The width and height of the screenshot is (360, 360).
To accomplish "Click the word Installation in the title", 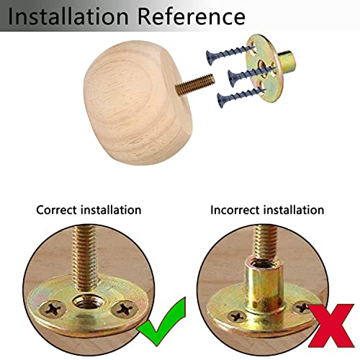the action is pyautogui.click(x=68, y=17).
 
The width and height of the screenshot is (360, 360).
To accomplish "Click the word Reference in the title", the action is pyautogui.click(x=192, y=17).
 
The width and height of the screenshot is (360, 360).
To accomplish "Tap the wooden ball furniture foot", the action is pyautogui.click(x=138, y=103).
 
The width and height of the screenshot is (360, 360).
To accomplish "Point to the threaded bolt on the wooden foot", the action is pyautogui.click(x=195, y=84).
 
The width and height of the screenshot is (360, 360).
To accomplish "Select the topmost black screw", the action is pyautogui.click(x=230, y=55).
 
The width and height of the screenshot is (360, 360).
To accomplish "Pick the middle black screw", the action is pyautogui.click(x=251, y=76).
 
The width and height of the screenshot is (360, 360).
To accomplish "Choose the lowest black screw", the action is pyautogui.click(x=241, y=98).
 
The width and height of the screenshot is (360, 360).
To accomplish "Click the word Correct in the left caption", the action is pyautogui.click(x=56, y=210).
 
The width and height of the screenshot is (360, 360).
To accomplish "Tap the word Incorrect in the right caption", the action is pyautogui.click(x=235, y=210).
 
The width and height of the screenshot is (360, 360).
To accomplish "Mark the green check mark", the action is pyautogui.click(x=161, y=322).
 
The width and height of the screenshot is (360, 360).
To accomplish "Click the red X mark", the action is pyautogui.click(x=331, y=325).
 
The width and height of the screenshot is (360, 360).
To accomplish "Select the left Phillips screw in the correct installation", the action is pyautogui.click(x=53, y=309).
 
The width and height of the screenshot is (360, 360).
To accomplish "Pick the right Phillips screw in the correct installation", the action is pyautogui.click(x=125, y=310).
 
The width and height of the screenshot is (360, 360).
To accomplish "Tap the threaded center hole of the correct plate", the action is pyautogui.click(x=89, y=302).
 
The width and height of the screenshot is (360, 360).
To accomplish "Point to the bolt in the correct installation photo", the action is pyautogui.click(x=85, y=261).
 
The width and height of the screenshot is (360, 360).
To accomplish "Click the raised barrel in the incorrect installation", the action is pyautogui.click(x=264, y=288).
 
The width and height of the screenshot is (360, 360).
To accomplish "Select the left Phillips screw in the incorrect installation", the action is pyautogui.click(x=237, y=317).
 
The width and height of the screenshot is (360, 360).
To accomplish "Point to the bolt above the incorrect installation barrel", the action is pyautogui.click(x=266, y=243).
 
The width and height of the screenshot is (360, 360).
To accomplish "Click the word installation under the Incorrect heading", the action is pyautogui.click(x=294, y=210).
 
